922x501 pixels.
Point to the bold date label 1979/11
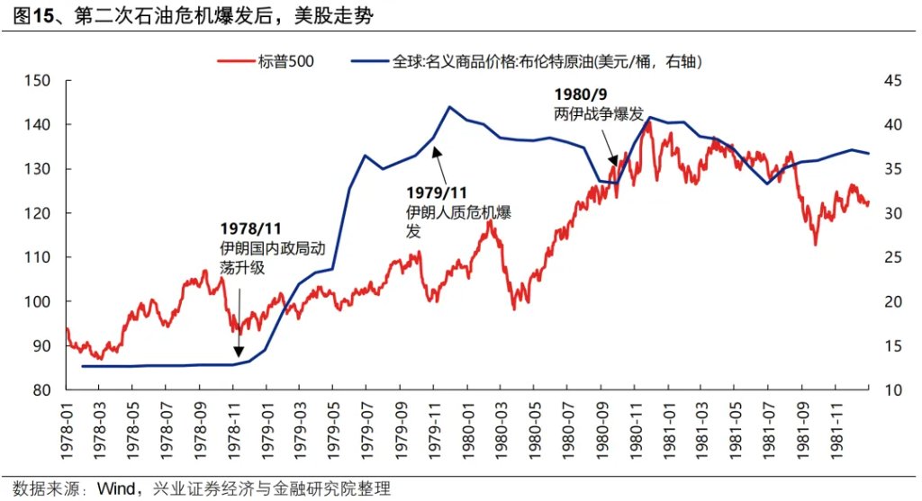[x=438, y=192]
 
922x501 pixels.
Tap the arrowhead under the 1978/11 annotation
[x=239, y=353]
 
